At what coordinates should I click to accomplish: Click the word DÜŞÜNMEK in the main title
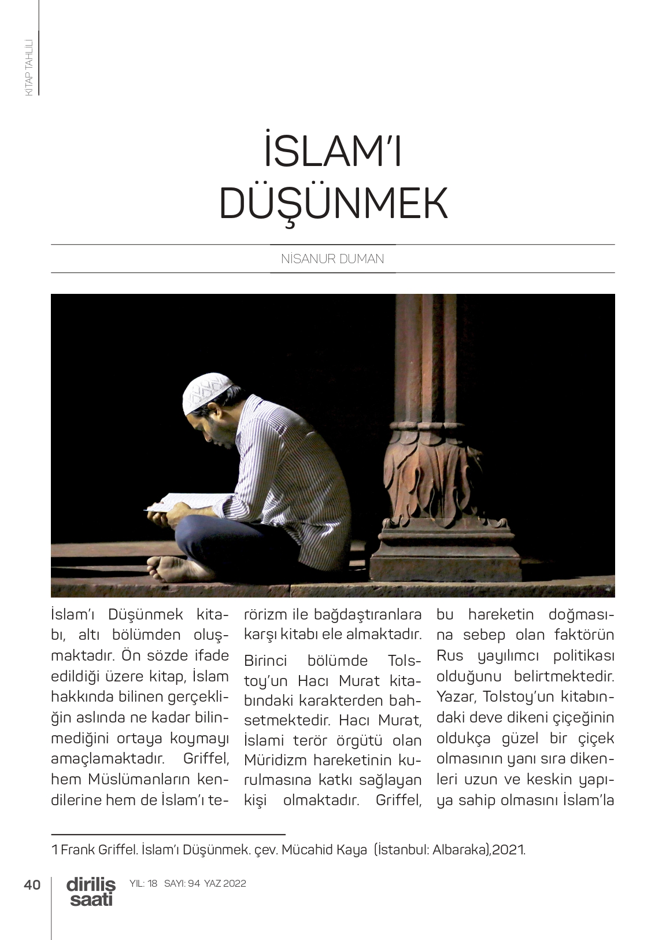(x=333, y=204)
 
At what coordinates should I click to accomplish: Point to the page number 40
(x=32, y=884)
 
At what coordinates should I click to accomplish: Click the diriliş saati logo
(x=91, y=891)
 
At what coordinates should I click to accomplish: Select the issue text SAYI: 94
(x=182, y=883)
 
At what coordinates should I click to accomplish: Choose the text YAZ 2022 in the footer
(x=225, y=883)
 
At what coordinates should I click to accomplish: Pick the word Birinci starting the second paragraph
(x=265, y=660)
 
